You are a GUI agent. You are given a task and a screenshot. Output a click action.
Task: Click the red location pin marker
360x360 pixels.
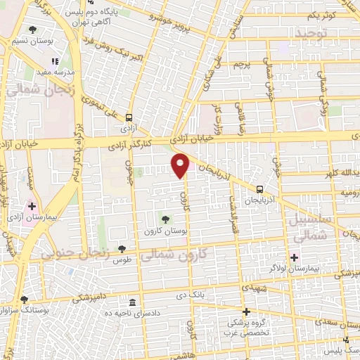pos(181,165)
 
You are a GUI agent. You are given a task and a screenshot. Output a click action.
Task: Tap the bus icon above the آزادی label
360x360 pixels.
pos(129,118)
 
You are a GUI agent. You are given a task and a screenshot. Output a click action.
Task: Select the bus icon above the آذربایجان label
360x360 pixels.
pos(260,188)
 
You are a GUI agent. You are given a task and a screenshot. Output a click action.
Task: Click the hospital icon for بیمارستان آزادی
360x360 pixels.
pos(32,206)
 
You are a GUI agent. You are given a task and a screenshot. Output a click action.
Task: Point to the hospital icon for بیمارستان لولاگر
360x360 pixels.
pos(294,257)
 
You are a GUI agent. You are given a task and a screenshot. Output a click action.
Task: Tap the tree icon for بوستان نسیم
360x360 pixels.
pos(33,30)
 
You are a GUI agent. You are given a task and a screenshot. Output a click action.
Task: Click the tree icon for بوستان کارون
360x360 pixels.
pos(166,220)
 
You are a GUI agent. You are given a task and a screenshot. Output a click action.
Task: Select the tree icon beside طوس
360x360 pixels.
pos(122,248)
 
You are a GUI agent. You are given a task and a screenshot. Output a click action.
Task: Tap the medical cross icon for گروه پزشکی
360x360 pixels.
pos(245,311)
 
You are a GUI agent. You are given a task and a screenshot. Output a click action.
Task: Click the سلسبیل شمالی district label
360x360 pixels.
pos(308,230)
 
